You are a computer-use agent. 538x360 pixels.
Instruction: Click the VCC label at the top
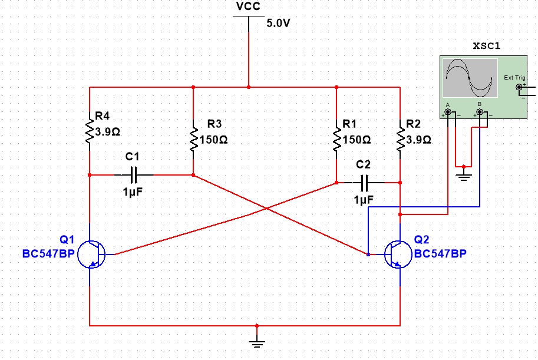(249, 6)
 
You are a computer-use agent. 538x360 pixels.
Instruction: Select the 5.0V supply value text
(278, 23)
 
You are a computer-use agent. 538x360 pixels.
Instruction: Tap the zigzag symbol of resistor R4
(90, 131)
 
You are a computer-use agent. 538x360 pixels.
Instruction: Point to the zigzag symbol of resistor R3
(193, 138)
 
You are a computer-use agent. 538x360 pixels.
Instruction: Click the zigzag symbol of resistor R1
(336, 138)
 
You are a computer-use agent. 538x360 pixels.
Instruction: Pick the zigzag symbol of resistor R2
(400, 138)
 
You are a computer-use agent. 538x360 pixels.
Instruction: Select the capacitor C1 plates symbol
(134, 175)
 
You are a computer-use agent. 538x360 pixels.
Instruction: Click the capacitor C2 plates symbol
(365, 183)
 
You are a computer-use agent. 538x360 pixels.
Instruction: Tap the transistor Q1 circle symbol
(91, 255)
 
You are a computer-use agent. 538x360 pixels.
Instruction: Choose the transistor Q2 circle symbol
(398, 255)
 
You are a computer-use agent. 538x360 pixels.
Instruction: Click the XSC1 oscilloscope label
(487, 46)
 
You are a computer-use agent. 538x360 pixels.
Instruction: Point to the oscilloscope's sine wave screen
(470, 78)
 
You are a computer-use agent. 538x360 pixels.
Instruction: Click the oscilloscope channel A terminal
(448, 112)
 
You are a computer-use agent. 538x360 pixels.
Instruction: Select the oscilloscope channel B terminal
(479, 112)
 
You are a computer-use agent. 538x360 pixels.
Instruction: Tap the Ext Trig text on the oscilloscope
(514, 78)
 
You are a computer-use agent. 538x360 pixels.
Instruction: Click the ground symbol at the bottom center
(257, 344)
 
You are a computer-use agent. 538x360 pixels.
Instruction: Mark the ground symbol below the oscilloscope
(464, 177)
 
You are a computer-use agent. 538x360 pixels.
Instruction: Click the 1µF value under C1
(133, 192)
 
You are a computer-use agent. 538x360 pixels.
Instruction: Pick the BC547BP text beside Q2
(440, 253)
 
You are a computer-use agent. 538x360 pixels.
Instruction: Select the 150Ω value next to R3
(213, 140)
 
